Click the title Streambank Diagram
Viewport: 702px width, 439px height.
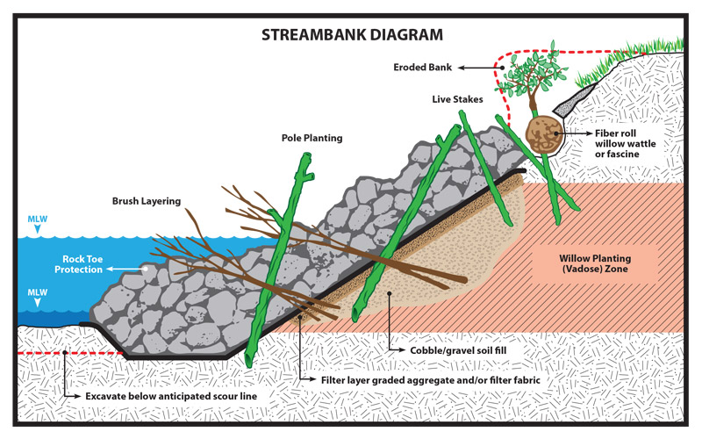pyautogui.click(x=350, y=36)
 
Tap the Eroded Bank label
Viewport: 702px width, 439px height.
pyautogui.click(x=426, y=66)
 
